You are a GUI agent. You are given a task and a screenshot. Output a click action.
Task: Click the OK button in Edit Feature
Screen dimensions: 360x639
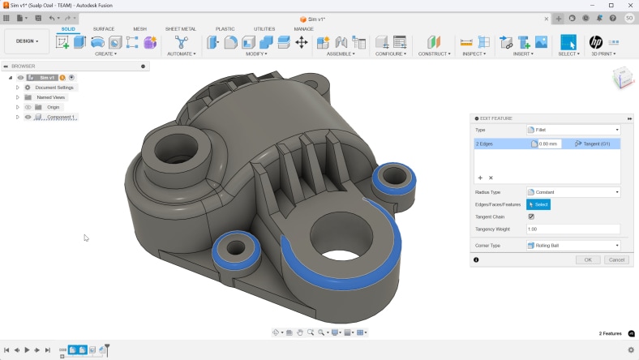(587, 259)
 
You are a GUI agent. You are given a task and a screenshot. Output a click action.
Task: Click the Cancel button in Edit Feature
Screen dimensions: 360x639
(616, 259)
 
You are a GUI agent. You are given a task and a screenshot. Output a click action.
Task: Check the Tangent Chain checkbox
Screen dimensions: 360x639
(531, 216)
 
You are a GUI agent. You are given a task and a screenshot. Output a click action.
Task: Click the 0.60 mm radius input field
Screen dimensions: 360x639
(549, 144)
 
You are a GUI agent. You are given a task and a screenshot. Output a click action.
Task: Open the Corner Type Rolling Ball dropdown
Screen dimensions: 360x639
(573, 245)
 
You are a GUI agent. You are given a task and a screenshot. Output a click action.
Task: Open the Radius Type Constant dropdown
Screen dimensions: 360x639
(573, 192)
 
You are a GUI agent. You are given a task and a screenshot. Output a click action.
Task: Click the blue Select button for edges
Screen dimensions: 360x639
(538, 204)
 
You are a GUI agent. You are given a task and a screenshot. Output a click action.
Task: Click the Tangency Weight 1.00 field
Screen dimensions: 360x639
(573, 229)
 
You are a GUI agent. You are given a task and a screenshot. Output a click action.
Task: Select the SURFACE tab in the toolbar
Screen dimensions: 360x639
(104, 28)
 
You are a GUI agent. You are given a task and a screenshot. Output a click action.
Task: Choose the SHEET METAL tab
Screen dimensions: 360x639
(180, 28)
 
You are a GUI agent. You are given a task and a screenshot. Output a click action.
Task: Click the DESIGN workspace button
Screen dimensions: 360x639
(27, 41)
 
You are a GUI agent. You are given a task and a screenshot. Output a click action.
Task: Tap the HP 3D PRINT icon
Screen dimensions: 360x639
(596, 41)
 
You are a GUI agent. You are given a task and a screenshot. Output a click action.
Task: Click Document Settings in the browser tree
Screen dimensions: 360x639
(54, 88)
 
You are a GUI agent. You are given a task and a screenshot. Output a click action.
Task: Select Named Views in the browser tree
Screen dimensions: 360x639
(50, 97)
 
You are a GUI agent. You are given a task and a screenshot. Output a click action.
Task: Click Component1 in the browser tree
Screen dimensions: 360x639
(61, 117)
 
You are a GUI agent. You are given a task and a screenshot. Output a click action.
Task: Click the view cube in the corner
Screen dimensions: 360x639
(622, 79)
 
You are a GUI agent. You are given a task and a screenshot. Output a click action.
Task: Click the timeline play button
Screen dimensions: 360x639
(27, 349)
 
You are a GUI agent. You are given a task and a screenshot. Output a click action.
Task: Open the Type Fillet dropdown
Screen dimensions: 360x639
(573, 130)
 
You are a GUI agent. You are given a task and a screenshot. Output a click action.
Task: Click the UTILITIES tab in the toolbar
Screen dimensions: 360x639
(264, 28)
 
